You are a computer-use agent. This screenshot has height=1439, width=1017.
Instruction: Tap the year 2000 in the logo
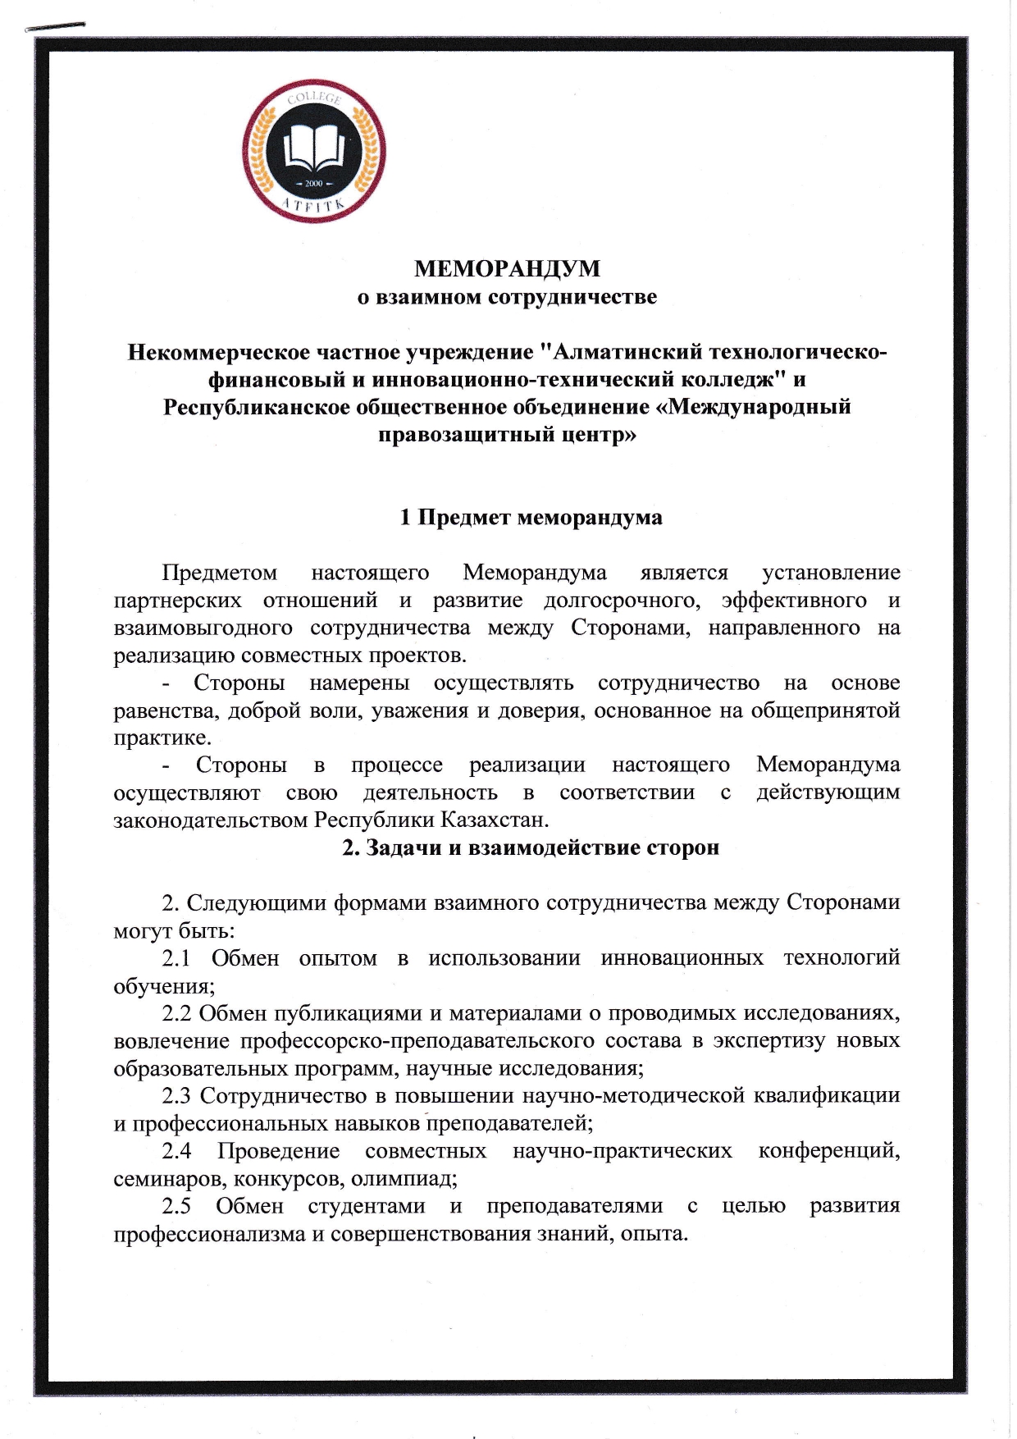click(x=314, y=183)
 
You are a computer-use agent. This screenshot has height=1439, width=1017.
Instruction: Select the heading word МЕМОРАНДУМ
click(x=507, y=268)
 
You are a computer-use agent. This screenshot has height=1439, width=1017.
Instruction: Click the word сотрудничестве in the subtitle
click(x=572, y=296)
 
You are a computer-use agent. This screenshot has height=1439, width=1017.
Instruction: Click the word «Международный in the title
click(x=759, y=407)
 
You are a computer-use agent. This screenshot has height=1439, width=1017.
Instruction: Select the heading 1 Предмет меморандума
click(x=531, y=518)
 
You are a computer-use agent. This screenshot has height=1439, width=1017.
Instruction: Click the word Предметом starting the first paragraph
click(x=219, y=573)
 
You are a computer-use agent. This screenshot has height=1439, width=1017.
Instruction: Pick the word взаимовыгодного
click(x=203, y=628)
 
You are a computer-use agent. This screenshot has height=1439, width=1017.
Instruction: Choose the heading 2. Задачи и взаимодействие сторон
click(x=531, y=847)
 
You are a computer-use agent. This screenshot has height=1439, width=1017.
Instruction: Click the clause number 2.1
click(x=176, y=958)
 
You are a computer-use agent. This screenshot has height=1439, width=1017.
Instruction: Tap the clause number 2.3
click(x=176, y=1095)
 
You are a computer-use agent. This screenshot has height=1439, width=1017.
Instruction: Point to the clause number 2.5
click(x=176, y=1206)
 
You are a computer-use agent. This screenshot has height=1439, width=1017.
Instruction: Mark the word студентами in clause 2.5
click(x=367, y=1206)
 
